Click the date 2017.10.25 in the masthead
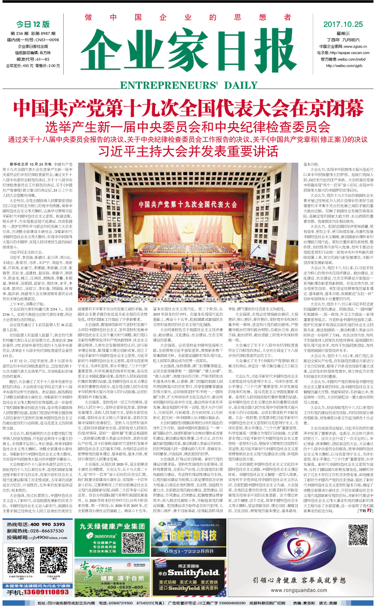click(343, 24)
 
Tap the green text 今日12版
click(33, 24)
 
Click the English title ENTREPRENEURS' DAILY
click(188, 85)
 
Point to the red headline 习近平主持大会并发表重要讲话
click(188, 151)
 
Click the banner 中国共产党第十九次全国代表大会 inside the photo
click(188, 205)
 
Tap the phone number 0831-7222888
click(188, 551)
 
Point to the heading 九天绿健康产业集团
click(112, 526)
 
